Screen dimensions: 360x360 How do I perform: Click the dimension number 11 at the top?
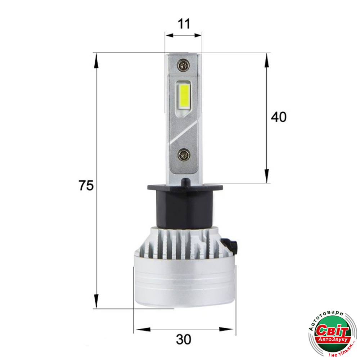(x=184, y=24)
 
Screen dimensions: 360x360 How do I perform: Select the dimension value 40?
(x=279, y=117)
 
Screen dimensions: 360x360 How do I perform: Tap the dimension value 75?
(x=86, y=185)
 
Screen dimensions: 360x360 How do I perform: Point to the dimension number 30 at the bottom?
(x=184, y=339)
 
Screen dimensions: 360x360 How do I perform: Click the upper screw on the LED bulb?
(x=183, y=65)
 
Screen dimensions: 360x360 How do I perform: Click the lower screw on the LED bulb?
(x=184, y=155)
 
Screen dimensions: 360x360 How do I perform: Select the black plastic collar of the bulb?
(x=185, y=206)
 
